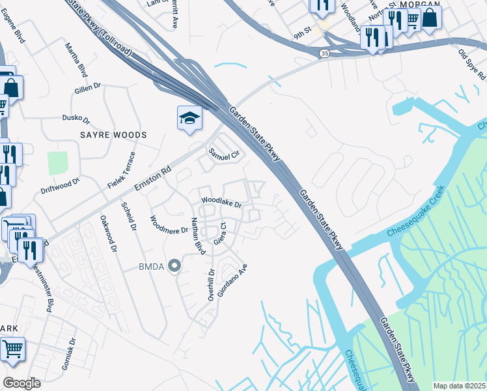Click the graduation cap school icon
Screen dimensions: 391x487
[189, 118]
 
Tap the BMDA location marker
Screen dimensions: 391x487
[174, 265]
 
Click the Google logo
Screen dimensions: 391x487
[21, 383]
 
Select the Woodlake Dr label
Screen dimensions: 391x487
[221, 203]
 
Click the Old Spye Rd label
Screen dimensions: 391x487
[472, 62]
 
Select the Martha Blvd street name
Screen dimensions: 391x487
[76, 60]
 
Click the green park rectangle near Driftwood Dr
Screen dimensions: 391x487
[57, 163]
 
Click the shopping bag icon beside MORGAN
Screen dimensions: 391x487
[430, 17]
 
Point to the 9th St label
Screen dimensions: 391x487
[303, 33]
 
